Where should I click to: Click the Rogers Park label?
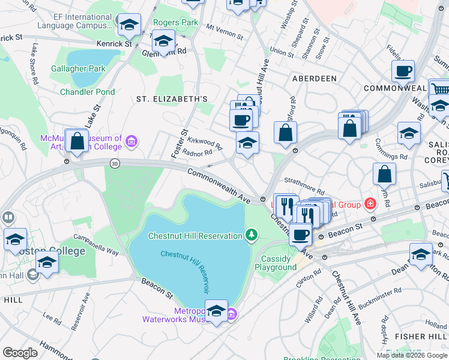[x=175, y=22]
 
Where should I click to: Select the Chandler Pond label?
[x=87, y=92]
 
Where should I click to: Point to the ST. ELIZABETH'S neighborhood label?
[x=172, y=99]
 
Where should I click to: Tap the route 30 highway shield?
[x=113, y=163]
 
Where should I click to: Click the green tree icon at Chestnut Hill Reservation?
[x=252, y=235]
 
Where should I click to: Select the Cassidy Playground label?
[x=276, y=263]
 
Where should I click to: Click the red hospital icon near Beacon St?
[x=370, y=205]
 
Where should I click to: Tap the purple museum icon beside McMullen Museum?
[x=131, y=142]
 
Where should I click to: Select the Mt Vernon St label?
[x=224, y=32]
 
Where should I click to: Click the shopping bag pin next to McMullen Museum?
[x=77, y=142]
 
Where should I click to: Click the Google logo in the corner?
[x=20, y=353]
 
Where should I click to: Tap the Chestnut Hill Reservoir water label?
[x=190, y=265]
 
